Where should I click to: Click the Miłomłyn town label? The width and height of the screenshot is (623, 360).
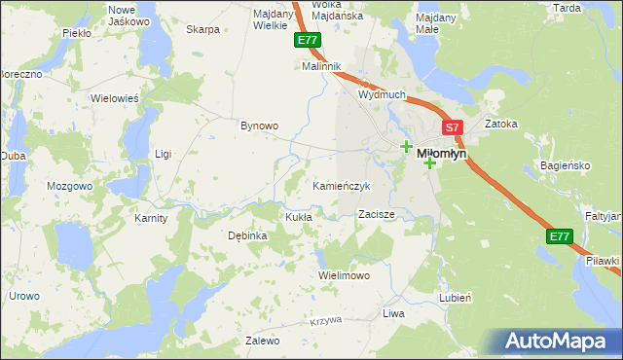coord(442,154)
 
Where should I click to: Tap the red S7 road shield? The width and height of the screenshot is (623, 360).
coord(452,126)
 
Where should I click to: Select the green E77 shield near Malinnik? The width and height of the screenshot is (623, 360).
coord(307,41)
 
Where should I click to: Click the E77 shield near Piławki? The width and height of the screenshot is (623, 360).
coord(559,236)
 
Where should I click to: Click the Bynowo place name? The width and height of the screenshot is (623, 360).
coord(260,126)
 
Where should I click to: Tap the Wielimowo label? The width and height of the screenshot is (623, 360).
coord(345,275)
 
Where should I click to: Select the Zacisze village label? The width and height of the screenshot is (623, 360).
coord(376,213)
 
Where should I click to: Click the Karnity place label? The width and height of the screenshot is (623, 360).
coord(151,218)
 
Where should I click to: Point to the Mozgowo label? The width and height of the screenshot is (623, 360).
coord(69,185)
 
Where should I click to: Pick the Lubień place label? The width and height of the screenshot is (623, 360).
coord(456,297)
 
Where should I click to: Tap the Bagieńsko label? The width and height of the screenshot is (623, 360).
coord(565,165)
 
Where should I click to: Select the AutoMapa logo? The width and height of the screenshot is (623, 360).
coord(555,342)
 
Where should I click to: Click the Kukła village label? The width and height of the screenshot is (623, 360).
coord(297,217)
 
